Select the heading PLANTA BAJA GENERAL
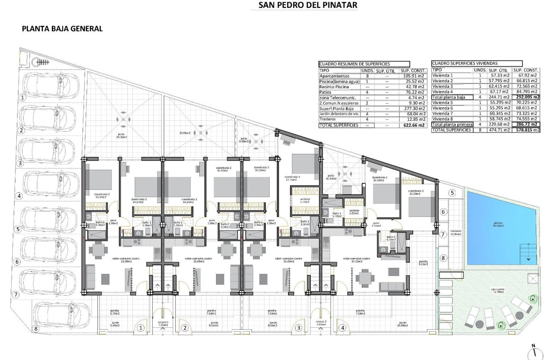[62, 29]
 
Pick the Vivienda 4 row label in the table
[443, 92]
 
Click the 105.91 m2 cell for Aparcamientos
[413, 76]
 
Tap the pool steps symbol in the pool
[528, 253]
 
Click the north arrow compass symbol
[533, 351]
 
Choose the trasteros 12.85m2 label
[456, 233]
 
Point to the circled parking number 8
[36, 329]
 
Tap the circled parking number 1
[20, 97]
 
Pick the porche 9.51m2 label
[423, 263]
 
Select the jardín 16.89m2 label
[402, 324]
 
